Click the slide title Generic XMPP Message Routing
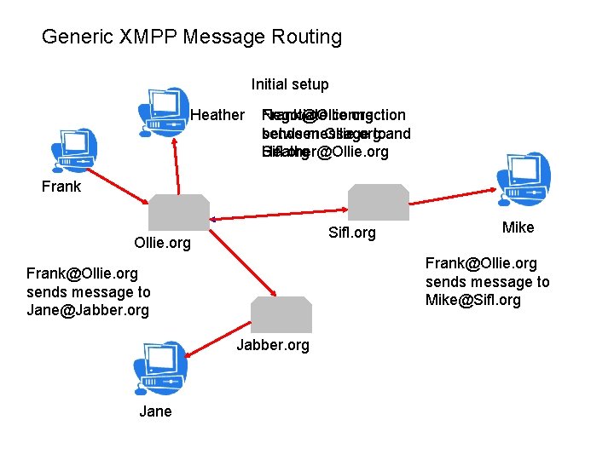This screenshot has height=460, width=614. coord(192,37)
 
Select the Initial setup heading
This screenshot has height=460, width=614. coord(289,84)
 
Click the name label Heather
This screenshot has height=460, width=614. coord(217,115)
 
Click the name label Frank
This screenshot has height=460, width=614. coord(61,187)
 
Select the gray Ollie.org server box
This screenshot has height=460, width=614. coord(179,213)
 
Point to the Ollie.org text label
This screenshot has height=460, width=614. coord(164,243)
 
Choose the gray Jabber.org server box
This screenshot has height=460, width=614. coord(281,314)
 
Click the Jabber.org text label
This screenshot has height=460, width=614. coord(273,345)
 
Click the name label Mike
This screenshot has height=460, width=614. coord(518,227)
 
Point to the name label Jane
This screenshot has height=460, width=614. coord(155,411)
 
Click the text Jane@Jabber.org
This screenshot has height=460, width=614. coord(88,310)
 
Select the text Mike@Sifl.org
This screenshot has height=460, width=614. coord(473,300)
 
